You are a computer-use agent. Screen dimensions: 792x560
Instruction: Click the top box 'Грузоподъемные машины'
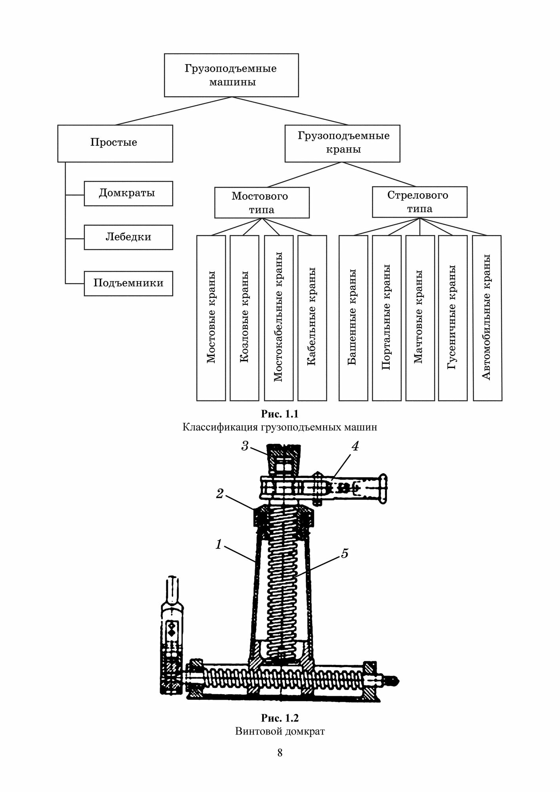coord(231,75)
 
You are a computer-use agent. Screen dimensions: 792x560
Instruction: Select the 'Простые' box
coord(115,143)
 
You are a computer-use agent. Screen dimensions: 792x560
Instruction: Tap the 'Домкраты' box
coord(128,193)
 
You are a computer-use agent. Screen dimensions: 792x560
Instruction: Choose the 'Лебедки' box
coord(128,237)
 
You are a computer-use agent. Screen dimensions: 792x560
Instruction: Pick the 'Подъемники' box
coord(128,283)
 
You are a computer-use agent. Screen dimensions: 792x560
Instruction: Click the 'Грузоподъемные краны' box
coord(342,143)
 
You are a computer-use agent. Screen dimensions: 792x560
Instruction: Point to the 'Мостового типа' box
coord(261,202)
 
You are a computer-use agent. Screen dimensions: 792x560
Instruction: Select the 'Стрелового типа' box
coord(419,202)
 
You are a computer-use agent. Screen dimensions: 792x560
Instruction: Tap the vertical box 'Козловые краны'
coord(244,318)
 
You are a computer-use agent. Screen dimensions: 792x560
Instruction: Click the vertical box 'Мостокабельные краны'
coord(278,318)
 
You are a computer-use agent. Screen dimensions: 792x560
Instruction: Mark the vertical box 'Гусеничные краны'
coord(452,318)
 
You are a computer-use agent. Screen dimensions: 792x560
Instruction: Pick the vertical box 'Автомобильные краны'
coord(487,318)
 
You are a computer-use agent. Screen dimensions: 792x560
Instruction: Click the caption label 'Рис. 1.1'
coord(280,414)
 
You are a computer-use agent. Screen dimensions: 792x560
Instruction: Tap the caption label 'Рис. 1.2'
coord(280,718)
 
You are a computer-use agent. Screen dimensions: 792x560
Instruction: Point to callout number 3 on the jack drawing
coord(245,446)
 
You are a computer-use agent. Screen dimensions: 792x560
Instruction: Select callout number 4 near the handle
coord(355,446)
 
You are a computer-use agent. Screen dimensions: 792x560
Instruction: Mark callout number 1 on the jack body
coord(219,545)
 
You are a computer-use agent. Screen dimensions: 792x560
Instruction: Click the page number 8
coord(280,753)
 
